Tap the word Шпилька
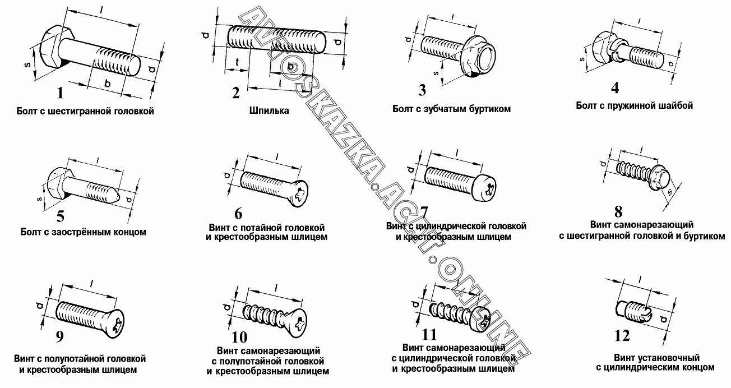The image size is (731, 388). [269, 110]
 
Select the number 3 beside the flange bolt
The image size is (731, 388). [422, 89]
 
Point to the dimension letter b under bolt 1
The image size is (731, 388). [108, 84]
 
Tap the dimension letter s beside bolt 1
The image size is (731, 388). [27, 64]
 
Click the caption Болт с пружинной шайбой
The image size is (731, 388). [634, 105]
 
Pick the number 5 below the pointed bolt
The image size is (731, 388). [61, 216]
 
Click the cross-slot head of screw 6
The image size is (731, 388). [301, 194]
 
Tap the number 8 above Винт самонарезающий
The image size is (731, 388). [618, 211]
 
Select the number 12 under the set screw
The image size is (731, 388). [622, 336]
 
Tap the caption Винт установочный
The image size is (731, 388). [656, 357]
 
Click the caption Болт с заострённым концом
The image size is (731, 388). [83, 232]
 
